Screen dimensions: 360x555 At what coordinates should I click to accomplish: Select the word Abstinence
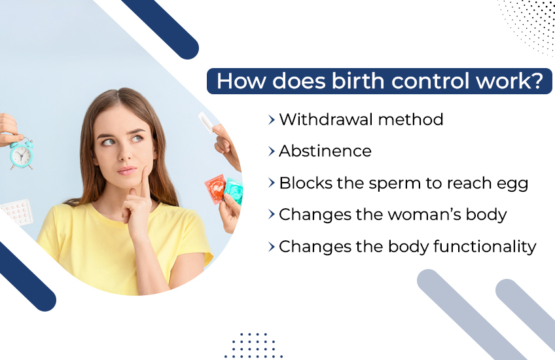[x=325, y=151]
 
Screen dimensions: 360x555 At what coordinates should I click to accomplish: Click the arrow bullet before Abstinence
[x=271, y=151]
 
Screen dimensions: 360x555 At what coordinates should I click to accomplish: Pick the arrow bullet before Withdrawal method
[x=271, y=120]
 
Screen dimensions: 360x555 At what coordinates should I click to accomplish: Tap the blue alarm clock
[x=22, y=153]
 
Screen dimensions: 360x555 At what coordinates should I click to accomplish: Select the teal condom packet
[x=234, y=190]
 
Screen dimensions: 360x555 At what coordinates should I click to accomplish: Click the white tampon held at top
[x=207, y=124]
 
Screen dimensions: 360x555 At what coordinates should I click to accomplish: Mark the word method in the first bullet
[x=412, y=120]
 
